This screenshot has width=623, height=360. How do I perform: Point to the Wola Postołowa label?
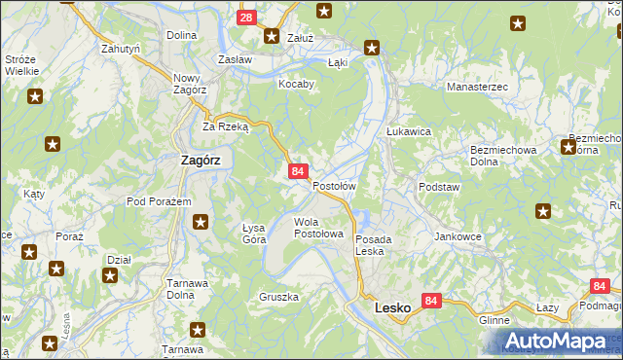point(319,228)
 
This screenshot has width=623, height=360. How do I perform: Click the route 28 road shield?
point(247,18)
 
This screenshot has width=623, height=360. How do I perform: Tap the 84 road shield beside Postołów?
point(298,171)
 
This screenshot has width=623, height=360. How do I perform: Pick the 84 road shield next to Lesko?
point(431,302)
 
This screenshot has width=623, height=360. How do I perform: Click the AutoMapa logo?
point(555,342)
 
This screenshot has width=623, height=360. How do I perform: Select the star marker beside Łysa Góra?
point(200,222)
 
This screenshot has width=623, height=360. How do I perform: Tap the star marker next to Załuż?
point(272,36)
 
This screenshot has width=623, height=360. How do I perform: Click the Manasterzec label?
point(477,88)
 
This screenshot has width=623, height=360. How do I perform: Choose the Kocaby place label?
point(297,84)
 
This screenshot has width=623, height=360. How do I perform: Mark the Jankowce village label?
point(459,236)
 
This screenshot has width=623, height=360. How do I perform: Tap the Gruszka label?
point(278,296)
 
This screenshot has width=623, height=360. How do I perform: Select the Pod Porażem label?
point(157,201)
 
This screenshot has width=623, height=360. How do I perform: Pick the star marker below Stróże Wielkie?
point(35,96)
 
